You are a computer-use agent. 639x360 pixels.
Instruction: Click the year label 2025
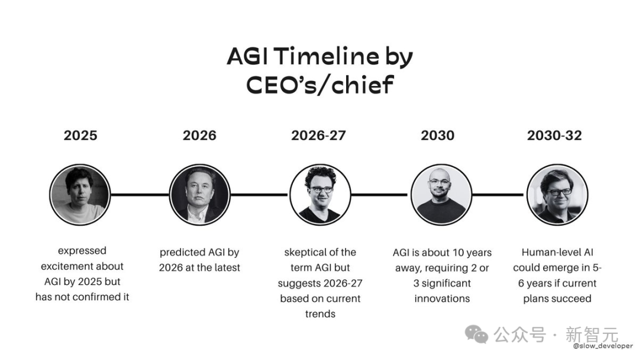[80, 136]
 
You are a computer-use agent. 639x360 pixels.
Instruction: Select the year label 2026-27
[318, 136]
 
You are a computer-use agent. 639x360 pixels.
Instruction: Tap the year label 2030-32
[554, 136]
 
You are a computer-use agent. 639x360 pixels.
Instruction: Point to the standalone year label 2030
[437, 136]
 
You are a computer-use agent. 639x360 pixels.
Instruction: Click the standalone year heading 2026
[199, 136]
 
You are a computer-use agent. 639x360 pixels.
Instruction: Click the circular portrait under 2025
[80, 194]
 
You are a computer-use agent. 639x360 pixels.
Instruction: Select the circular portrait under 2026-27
[320, 194]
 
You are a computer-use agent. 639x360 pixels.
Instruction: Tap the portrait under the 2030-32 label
[557, 194]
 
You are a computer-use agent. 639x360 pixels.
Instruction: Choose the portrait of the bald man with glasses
[441, 194]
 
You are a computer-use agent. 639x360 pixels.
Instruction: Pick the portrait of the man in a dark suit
[200, 194]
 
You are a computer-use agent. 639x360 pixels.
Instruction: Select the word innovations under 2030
[442, 298]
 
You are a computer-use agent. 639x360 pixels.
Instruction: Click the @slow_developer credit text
[603, 346]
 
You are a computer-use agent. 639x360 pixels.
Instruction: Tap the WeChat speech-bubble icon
[476, 335]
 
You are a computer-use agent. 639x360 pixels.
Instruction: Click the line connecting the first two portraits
[140, 194]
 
